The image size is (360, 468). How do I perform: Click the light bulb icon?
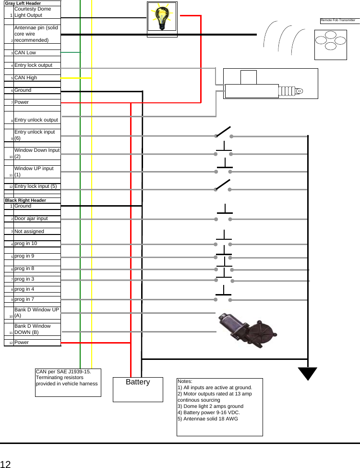point(162,18)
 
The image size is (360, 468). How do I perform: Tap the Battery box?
point(138,388)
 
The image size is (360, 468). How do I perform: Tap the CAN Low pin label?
point(25,53)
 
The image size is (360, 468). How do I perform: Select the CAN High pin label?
point(25,78)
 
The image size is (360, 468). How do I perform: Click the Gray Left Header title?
point(23,3)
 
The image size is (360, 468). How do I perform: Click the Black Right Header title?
point(25,200)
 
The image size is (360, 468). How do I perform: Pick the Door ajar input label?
point(31,219)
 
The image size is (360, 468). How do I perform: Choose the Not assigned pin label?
point(29,232)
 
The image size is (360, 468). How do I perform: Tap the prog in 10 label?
point(25,244)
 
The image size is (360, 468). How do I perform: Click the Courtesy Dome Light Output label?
point(33,12)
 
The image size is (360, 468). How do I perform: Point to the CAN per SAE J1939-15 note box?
point(68,382)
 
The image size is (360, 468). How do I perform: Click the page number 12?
point(5,464)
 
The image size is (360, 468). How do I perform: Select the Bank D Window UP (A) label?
point(36,313)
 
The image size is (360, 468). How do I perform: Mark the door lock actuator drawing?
point(271,84)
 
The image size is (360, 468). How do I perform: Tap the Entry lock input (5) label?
point(36,186)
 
